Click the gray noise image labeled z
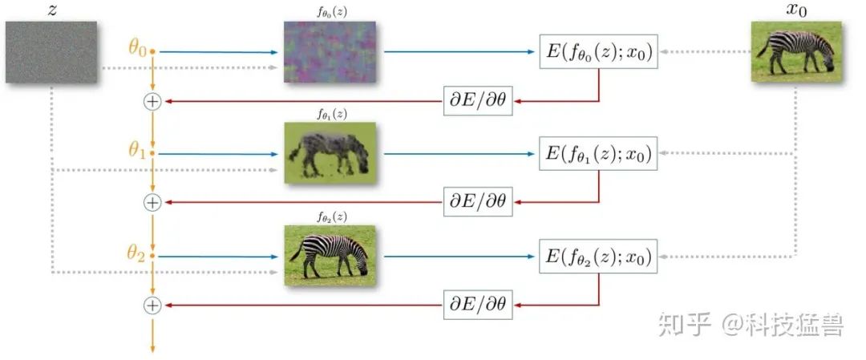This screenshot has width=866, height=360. coord(51,52)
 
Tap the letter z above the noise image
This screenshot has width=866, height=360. coord(51,9)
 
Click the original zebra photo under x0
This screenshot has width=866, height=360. coord(796,51)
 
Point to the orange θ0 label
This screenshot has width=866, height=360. coord(137,48)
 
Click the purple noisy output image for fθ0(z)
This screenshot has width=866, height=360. coord(330,51)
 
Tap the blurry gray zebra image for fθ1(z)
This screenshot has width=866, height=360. coord(330,152)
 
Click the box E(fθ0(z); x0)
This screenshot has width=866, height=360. coord(598,53)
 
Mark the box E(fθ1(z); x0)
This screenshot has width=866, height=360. coord(598,154)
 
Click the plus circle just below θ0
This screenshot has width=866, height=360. coord(152,101)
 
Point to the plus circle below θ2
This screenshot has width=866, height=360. coord(152,305)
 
